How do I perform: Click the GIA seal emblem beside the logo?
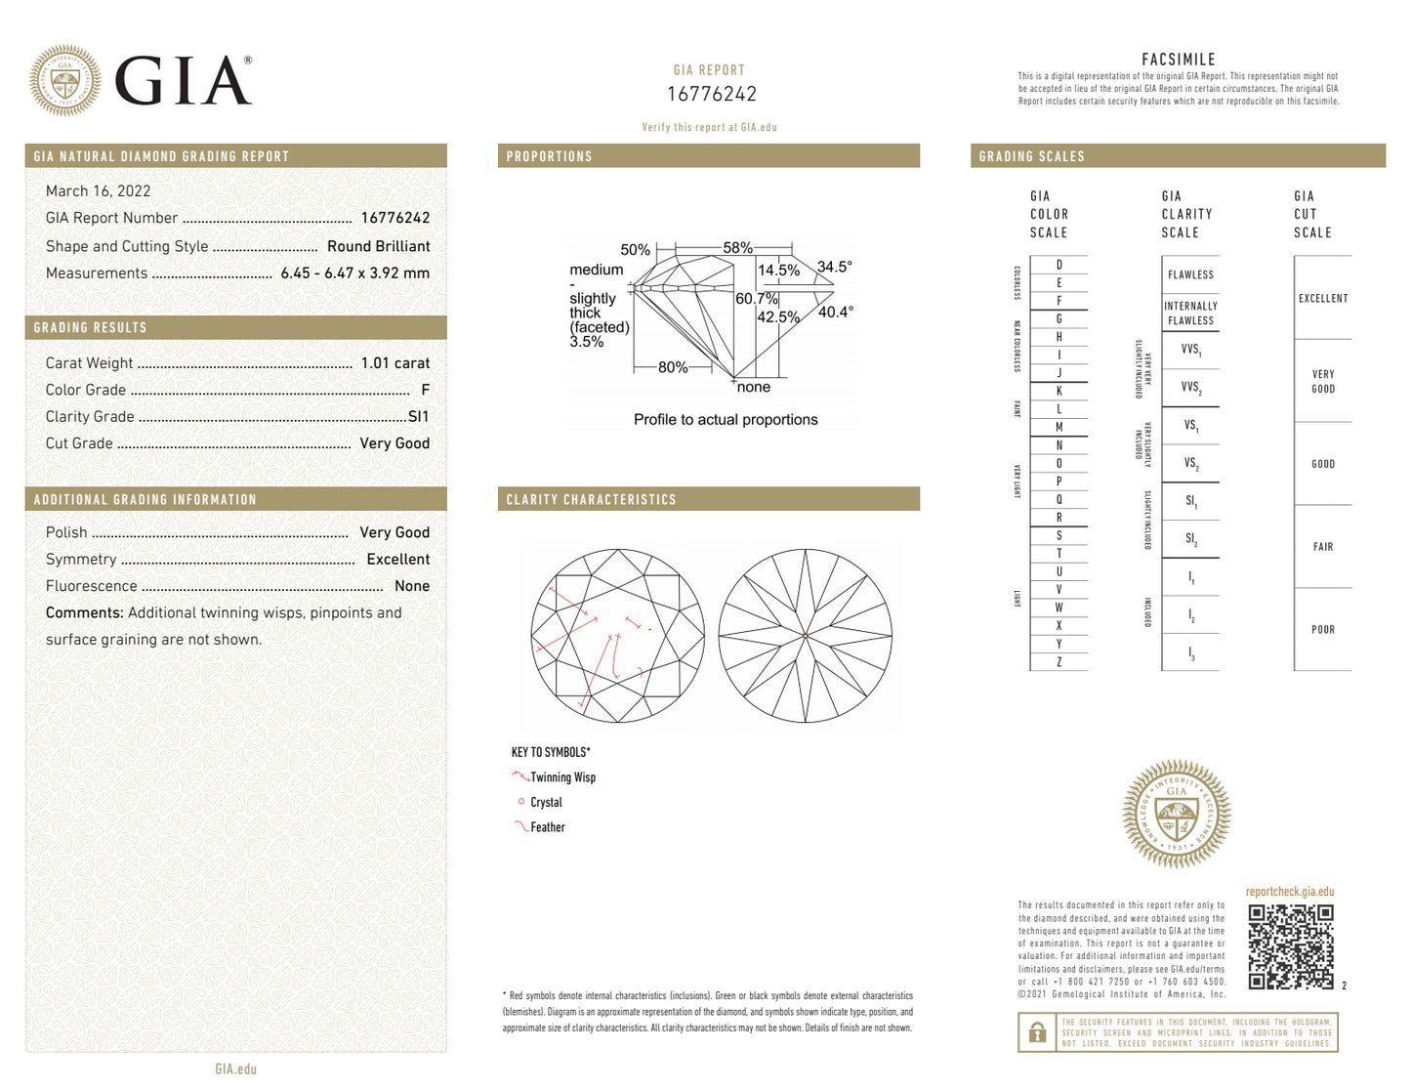[x=64, y=80]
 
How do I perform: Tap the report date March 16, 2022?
[x=98, y=191]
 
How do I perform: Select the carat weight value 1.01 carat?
[x=394, y=363]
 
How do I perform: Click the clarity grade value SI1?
[x=418, y=417]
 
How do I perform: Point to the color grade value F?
[x=425, y=390]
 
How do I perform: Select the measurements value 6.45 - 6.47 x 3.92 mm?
[x=354, y=273]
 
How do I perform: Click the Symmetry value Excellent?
[x=397, y=560]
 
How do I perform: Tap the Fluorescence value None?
[x=411, y=586]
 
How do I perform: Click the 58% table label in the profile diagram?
[x=737, y=248]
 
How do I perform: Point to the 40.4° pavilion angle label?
[x=835, y=313]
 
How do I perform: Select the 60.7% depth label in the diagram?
[x=756, y=299]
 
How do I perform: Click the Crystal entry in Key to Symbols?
[x=546, y=803]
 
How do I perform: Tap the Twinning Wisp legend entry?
[x=562, y=777]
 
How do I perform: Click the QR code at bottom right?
[x=1290, y=946]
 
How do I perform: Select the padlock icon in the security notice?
[x=1038, y=1032]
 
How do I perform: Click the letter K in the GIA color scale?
[x=1058, y=392]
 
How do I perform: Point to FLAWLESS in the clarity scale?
[x=1190, y=275]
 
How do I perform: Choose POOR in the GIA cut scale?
[x=1322, y=630]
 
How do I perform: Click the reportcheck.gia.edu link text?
[x=1289, y=892]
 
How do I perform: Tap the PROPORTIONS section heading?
[x=549, y=156]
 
